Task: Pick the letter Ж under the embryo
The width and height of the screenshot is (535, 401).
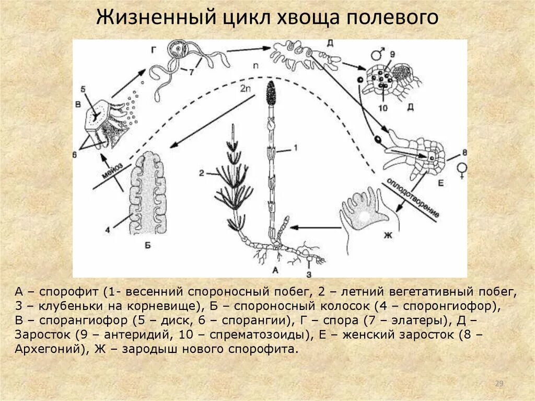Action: [388, 236]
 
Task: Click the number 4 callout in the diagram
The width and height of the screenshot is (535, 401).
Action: [108, 228]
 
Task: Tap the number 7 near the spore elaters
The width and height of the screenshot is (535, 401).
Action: [191, 72]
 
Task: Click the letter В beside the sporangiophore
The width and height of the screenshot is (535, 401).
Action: [77, 105]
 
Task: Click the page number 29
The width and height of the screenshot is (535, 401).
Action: [498, 384]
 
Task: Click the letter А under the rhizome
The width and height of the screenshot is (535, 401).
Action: [275, 270]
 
